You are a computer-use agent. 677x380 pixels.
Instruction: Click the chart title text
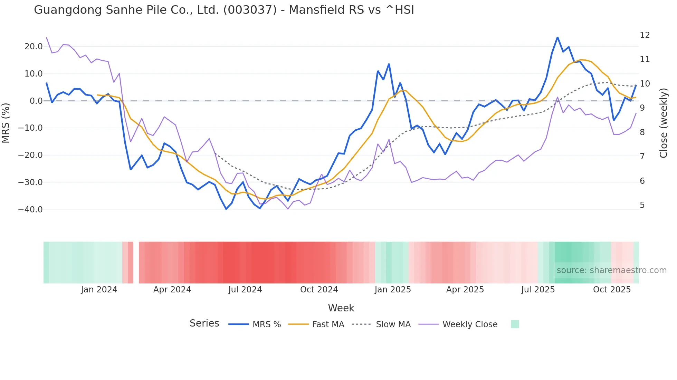tap(224, 10)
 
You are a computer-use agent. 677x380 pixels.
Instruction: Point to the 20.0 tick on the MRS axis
tap(34, 47)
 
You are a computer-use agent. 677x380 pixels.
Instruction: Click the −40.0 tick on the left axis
tap(30, 210)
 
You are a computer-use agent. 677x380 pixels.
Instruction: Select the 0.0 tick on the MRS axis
tap(36, 101)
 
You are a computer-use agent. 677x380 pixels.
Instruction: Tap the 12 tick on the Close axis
tap(645, 35)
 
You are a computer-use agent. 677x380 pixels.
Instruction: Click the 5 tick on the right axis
tap(642, 205)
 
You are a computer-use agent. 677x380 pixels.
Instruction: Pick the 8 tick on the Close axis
tap(642, 132)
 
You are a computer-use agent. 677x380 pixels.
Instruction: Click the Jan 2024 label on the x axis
tap(99, 290)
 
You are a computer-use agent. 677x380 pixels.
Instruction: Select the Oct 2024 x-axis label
tap(319, 290)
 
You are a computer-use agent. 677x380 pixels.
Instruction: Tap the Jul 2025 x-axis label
tap(538, 290)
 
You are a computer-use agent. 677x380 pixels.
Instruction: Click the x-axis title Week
tap(341, 308)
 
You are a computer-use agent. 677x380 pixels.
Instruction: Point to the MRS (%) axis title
tap(6, 123)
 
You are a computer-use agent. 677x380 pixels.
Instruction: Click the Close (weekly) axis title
tap(663, 123)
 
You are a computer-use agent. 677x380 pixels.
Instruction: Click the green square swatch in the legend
tap(515, 324)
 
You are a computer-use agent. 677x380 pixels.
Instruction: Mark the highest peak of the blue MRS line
tap(557, 37)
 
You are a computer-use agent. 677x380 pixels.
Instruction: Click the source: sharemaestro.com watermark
tap(611, 270)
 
